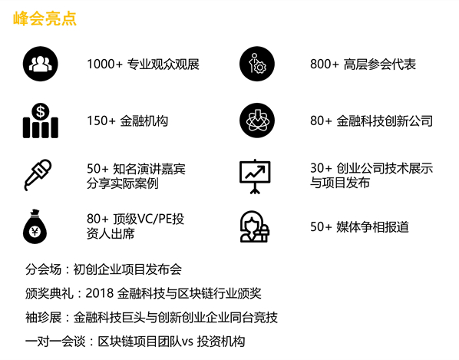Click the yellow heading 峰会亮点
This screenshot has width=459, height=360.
(x=45, y=18)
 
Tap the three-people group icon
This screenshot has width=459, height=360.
(x=41, y=64)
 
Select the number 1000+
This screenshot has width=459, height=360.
(x=104, y=64)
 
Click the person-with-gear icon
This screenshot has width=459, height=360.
(x=257, y=64)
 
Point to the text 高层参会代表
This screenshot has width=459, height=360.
(x=380, y=64)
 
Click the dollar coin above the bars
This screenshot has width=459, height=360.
(x=41, y=111)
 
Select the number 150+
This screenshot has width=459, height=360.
(x=101, y=121)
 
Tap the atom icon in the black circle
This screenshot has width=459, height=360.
(x=257, y=121)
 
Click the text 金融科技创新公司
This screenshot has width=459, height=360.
(x=385, y=121)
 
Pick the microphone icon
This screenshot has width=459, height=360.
(x=38, y=175)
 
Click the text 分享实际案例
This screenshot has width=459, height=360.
(x=123, y=183)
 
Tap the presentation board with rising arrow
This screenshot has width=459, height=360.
(x=255, y=177)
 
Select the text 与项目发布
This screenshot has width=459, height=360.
(x=340, y=183)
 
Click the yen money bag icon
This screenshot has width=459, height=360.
(x=35, y=227)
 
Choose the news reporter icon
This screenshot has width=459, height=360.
(x=255, y=226)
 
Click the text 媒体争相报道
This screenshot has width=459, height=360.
(x=372, y=227)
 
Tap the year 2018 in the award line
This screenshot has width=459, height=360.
(x=99, y=293)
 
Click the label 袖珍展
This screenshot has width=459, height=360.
(x=43, y=318)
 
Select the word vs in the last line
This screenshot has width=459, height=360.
(x=187, y=342)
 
